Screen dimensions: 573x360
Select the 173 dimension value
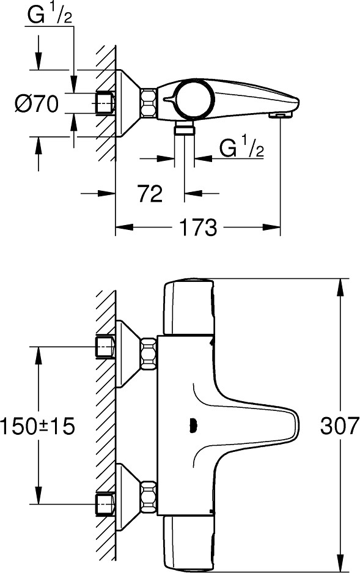click(199, 228)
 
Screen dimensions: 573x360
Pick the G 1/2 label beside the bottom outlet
click(241, 149)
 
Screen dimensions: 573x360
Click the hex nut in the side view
click(149, 103)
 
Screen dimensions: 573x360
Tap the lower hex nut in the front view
click(149, 497)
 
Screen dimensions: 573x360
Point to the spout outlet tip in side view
click(281, 114)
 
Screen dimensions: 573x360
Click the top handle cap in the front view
click(188, 306)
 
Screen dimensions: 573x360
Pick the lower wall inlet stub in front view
click(105, 505)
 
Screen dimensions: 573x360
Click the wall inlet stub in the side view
click(105, 103)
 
